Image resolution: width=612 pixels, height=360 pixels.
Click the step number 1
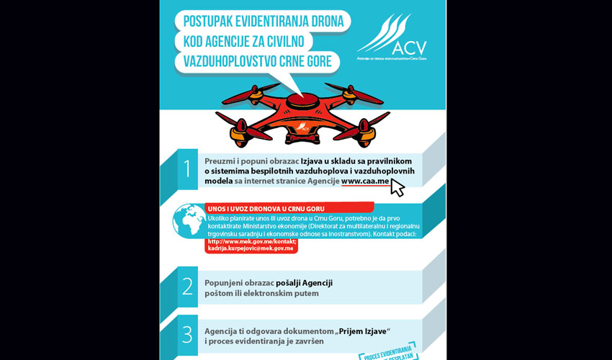[x=187, y=169]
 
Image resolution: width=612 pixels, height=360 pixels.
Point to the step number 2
[x=187, y=287]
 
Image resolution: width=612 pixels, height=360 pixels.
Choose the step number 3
[x=187, y=334]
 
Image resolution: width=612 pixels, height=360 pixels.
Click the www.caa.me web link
[x=366, y=182]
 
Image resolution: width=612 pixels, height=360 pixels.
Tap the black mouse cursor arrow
[x=397, y=188]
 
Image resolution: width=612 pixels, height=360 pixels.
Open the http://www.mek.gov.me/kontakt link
[x=251, y=241]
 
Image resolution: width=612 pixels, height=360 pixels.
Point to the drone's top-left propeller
[x=248, y=92]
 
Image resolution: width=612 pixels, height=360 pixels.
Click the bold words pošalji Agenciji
[x=305, y=282]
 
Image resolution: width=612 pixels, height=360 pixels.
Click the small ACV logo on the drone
[x=305, y=129]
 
